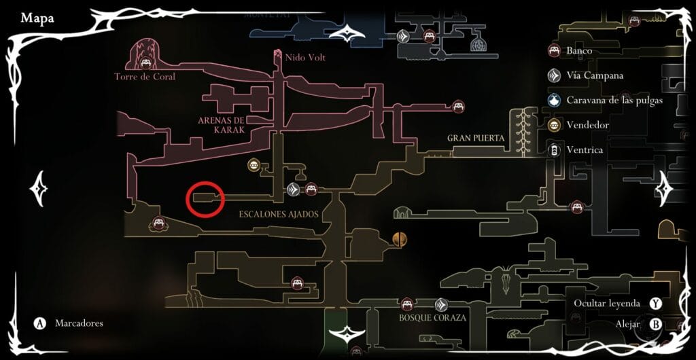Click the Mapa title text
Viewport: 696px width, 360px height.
(x=37, y=18)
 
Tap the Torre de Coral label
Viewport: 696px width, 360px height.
(x=145, y=77)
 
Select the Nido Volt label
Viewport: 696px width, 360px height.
(x=305, y=58)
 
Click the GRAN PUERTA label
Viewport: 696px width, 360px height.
(x=476, y=139)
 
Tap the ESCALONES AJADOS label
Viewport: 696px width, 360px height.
(x=279, y=214)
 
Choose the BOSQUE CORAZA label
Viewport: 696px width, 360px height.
(x=432, y=318)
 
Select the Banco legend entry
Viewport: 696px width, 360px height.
(x=579, y=50)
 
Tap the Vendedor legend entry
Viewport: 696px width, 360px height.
(x=587, y=126)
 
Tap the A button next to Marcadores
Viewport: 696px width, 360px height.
(x=40, y=323)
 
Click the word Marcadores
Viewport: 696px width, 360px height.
(x=79, y=323)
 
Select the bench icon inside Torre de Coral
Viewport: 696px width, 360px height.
(x=145, y=63)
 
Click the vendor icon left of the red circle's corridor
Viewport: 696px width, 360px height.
(x=254, y=165)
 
